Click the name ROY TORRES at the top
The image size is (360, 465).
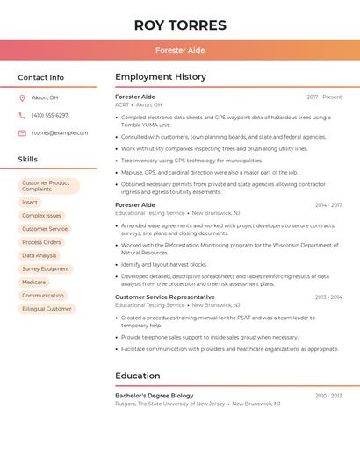180,25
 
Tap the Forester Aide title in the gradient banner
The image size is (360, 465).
180,50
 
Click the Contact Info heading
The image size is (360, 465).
41,77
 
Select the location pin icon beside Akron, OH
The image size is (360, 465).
22,98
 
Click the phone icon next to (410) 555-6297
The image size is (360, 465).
22,116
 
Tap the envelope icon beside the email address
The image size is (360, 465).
22,133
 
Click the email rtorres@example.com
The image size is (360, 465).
60,133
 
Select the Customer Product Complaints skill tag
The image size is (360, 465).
48,186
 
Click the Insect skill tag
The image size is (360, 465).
30,203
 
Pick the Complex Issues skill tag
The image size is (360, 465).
41,216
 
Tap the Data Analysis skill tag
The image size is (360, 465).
40,255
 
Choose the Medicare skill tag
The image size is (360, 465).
34,283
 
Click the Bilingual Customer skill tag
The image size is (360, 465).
47,309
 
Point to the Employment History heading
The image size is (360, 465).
161,77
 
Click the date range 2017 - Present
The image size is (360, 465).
324,97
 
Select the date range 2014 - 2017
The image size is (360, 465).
328,205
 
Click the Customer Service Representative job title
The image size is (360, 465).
165,297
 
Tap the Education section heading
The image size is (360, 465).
138,376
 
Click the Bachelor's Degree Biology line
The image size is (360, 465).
155,396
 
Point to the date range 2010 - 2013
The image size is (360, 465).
328,396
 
